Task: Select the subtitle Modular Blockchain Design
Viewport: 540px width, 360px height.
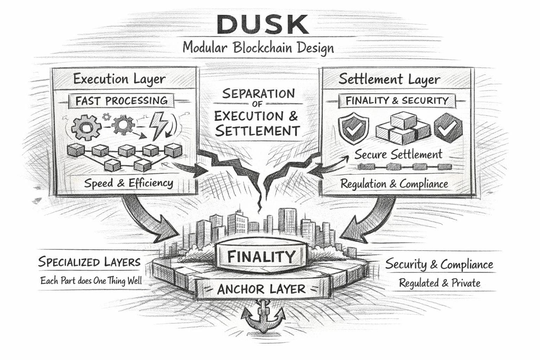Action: pos(258,47)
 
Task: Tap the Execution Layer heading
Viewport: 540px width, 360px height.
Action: pos(119,79)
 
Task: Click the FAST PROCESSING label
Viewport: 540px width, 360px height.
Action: pos(122,101)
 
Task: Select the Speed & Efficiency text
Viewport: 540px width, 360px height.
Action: pos(128,183)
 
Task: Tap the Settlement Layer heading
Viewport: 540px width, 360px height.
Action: pos(389,79)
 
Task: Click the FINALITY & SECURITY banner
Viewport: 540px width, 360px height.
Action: pos(397,101)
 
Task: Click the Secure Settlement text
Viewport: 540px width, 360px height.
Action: pos(398,154)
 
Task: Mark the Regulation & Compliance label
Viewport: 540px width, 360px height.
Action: pos(394,184)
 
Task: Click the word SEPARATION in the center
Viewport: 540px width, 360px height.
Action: pos(258,94)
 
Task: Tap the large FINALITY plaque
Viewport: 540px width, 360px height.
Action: pos(261,257)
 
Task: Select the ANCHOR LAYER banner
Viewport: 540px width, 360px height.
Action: pos(261,289)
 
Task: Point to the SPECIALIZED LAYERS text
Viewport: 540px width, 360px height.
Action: pos(89,262)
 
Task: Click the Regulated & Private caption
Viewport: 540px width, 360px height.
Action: pos(439,283)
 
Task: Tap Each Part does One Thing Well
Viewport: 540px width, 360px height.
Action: pos(91,281)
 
